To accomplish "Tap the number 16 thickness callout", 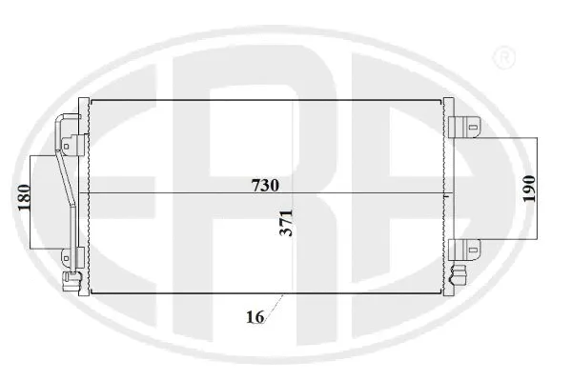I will (x=253, y=317).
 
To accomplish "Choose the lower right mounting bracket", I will (x=467, y=251).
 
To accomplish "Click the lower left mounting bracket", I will (x=69, y=258).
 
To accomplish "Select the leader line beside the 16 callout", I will (x=277, y=307).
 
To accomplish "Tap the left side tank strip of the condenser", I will (x=84, y=195).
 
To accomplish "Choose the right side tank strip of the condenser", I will (x=448, y=195).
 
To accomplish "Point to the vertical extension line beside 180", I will (x=34, y=197).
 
